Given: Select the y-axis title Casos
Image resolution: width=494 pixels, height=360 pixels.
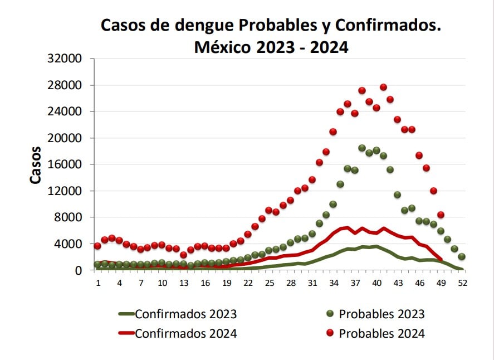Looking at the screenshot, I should pos(35,165).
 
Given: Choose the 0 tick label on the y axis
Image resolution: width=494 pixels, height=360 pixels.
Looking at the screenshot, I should pos(79,270).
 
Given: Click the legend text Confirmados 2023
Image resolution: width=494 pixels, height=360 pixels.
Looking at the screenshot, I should pos(185,314).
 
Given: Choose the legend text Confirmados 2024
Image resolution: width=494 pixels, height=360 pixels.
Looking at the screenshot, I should pos(185,333).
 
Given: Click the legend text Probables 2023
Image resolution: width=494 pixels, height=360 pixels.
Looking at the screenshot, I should pos(381,314).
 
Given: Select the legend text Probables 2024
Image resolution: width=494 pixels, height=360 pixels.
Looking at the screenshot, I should pos(381,333).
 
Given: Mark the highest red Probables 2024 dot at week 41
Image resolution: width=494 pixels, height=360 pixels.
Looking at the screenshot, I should pos(383,87).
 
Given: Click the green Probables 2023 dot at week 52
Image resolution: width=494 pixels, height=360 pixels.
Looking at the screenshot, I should pos(462,257).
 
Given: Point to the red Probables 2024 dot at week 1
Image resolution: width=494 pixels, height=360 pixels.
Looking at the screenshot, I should pos(98,246).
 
